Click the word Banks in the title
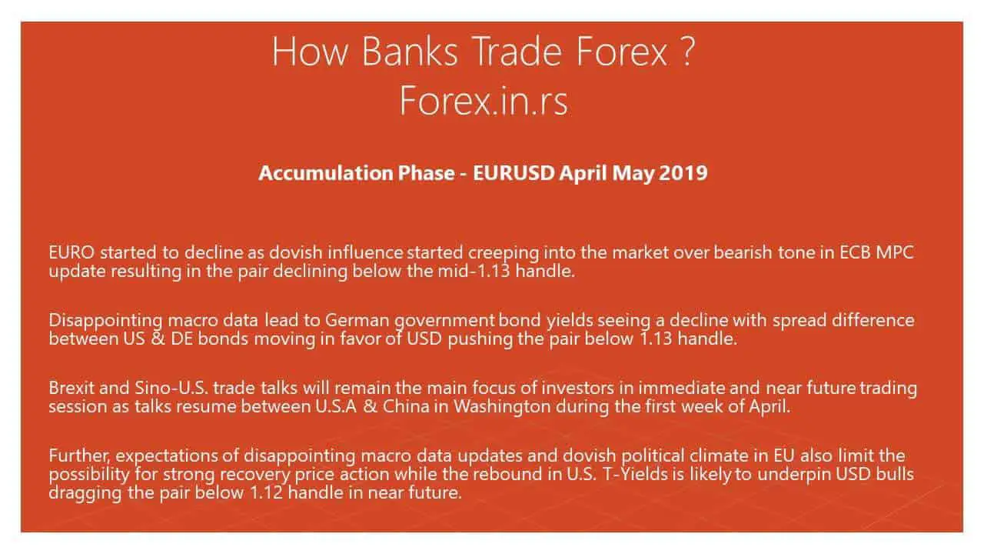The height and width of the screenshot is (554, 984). coord(410,52)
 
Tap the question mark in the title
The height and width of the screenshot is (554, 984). coord(688,51)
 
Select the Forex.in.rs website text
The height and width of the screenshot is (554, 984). coord(484,101)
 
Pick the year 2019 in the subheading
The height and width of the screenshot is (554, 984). coord(683,173)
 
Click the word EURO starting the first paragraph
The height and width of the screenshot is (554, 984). coord(71,252)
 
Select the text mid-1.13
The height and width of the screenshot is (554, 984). coord(474,271)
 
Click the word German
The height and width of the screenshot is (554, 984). coord(357,320)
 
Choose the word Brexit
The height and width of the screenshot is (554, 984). coord(71,388)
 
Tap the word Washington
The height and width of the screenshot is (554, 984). coord(502,407)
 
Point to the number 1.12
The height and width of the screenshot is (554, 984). coord(266,492)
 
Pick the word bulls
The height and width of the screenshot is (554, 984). coord(895,474)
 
